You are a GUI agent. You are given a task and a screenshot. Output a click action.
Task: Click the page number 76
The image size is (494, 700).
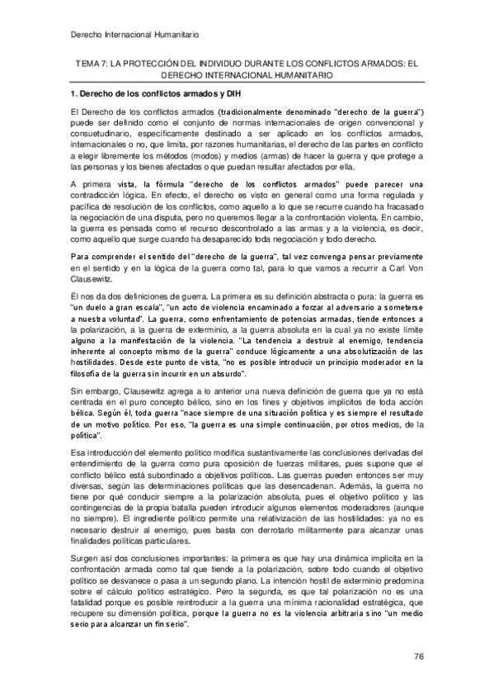[418, 656]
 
